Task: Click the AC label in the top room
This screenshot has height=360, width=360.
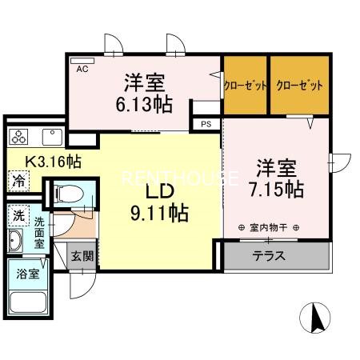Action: click(82, 70)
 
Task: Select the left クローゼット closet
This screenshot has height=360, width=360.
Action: click(245, 85)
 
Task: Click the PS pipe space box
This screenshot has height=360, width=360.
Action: click(206, 124)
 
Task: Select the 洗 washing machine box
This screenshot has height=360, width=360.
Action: click(18, 216)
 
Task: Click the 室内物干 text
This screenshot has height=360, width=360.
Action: click(269, 227)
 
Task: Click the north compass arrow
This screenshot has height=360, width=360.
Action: click(318, 319)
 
